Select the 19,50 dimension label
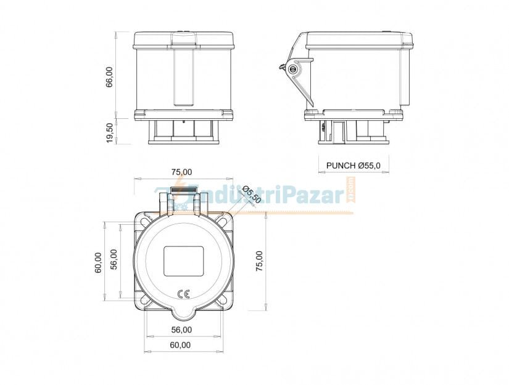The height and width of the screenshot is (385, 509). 110,132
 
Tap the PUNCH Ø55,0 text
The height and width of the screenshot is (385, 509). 354,165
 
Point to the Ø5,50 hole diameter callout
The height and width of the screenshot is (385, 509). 252,195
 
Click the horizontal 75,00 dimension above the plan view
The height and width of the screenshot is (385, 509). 181,172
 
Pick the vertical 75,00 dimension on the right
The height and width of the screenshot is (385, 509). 259,261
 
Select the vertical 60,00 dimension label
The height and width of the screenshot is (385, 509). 98,262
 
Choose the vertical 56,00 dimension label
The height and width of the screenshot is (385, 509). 114,262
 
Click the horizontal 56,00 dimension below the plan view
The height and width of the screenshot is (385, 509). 182,330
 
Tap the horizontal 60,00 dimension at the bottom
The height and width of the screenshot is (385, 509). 182,345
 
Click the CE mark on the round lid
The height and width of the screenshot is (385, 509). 183,294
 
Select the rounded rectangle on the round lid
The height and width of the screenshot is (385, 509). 183,261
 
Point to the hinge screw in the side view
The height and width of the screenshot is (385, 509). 292,69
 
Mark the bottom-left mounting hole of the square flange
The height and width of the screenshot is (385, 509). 143,301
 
